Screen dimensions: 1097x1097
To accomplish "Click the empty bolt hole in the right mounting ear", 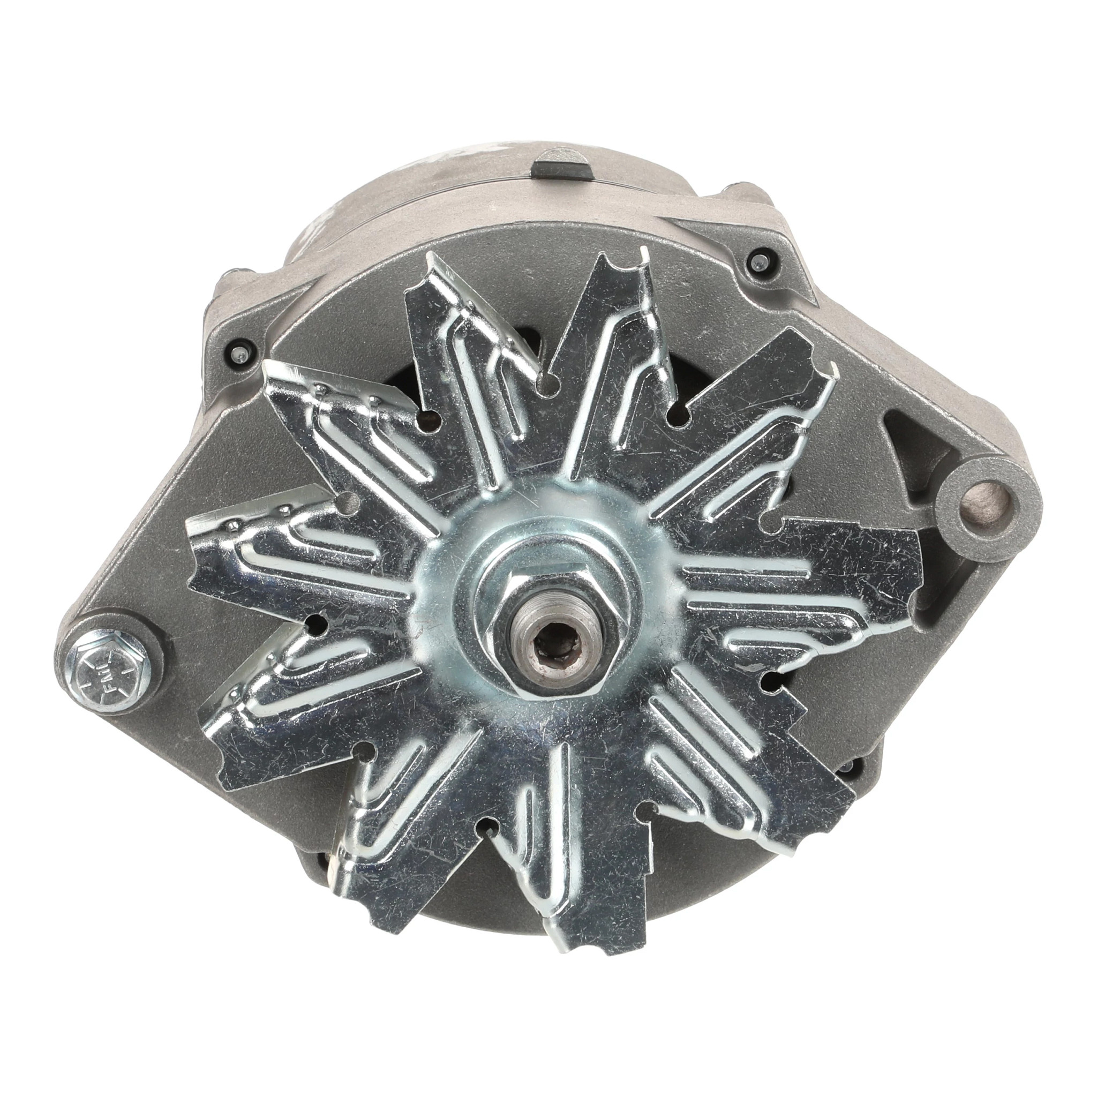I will click(x=992, y=501).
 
